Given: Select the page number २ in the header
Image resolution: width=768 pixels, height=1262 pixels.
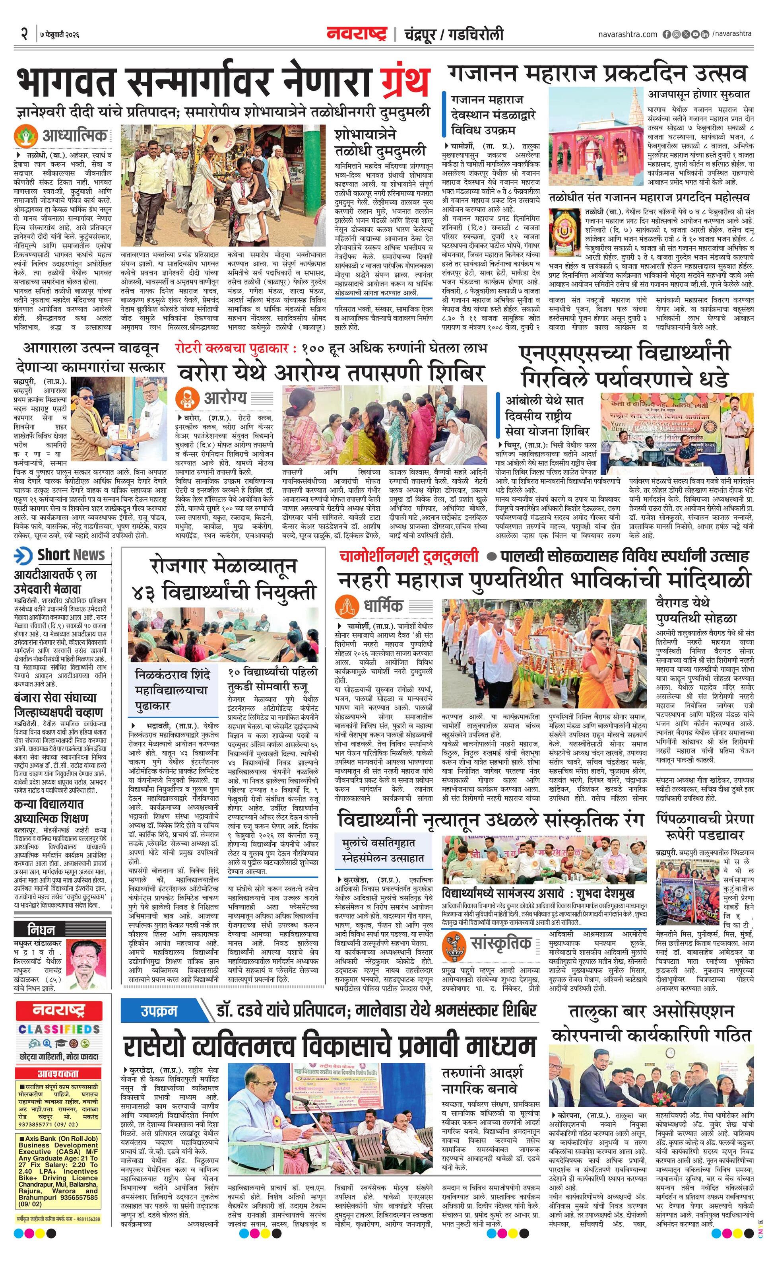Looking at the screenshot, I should [24, 34].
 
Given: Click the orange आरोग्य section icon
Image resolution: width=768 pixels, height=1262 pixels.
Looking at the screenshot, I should [186, 399].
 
